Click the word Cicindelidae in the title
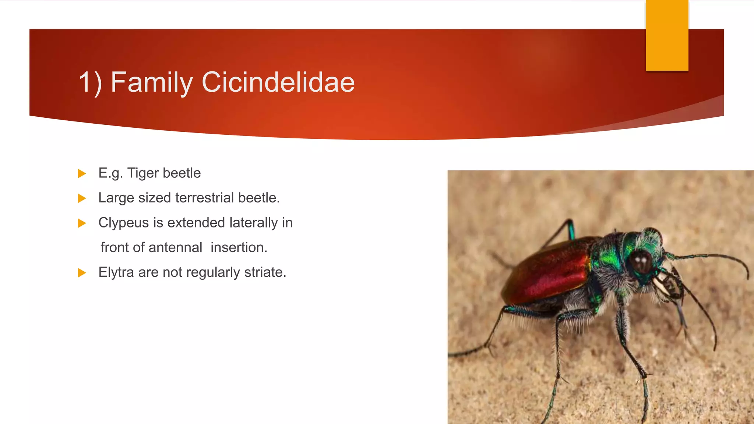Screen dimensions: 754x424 tap(278, 82)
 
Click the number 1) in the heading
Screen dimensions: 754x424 tap(90, 83)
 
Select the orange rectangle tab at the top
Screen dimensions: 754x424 tap(667, 35)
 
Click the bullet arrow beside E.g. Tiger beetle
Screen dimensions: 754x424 tap(82, 173)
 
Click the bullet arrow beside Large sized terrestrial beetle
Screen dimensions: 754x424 tap(82, 198)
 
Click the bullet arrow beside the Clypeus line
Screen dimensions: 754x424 tap(82, 223)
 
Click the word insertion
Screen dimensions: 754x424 tap(239, 248)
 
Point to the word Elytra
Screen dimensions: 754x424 tap(116, 273)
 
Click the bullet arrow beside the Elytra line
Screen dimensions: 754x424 tap(82, 273)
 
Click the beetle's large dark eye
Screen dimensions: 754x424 tap(641, 262)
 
